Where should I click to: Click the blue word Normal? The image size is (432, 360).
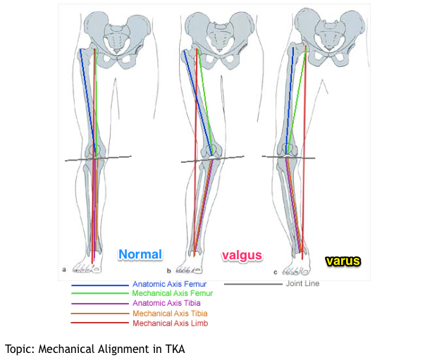(140, 254)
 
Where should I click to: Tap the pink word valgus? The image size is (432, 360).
(242, 255)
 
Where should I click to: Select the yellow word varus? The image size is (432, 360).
(342, 261)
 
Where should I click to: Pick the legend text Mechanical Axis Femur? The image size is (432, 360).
(172, 293)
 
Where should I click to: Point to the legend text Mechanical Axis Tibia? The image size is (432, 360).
(170, 313)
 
